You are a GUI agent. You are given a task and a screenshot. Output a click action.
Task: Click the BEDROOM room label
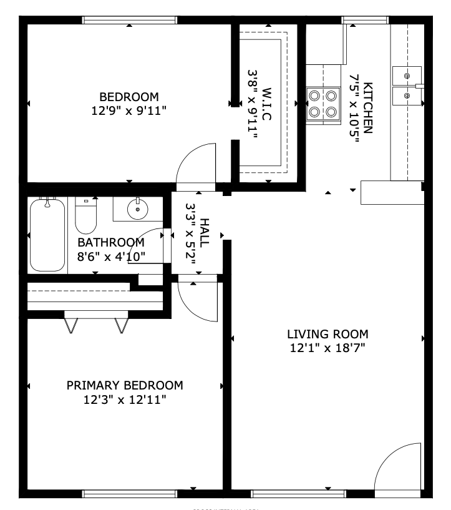(x=129, y=97)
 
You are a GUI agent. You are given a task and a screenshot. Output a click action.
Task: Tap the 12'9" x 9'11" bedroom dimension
(x=129, y=110)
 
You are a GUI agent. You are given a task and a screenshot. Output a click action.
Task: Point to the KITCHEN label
(x=369, y=108)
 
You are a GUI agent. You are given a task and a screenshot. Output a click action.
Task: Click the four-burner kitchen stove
(x=323, y=104)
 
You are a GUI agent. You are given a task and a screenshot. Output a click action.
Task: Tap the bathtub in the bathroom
(x=47, y=235)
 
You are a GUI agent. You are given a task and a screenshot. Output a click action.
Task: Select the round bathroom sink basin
(x=137, y=210)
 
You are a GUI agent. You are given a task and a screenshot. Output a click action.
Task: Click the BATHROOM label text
(x=111, y=242)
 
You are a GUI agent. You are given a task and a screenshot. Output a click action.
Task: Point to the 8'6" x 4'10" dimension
(x=111, y=256)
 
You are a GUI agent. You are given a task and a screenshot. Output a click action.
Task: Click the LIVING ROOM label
(x=327, y=334)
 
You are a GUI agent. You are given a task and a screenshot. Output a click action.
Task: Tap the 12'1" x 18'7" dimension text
(x=327, y=348)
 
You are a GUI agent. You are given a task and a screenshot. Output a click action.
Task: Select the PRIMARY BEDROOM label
(x=125, y=385)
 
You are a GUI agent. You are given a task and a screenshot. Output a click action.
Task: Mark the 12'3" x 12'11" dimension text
(x=125, y=399)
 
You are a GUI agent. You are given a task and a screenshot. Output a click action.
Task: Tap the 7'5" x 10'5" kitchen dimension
(x=355, y=108)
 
